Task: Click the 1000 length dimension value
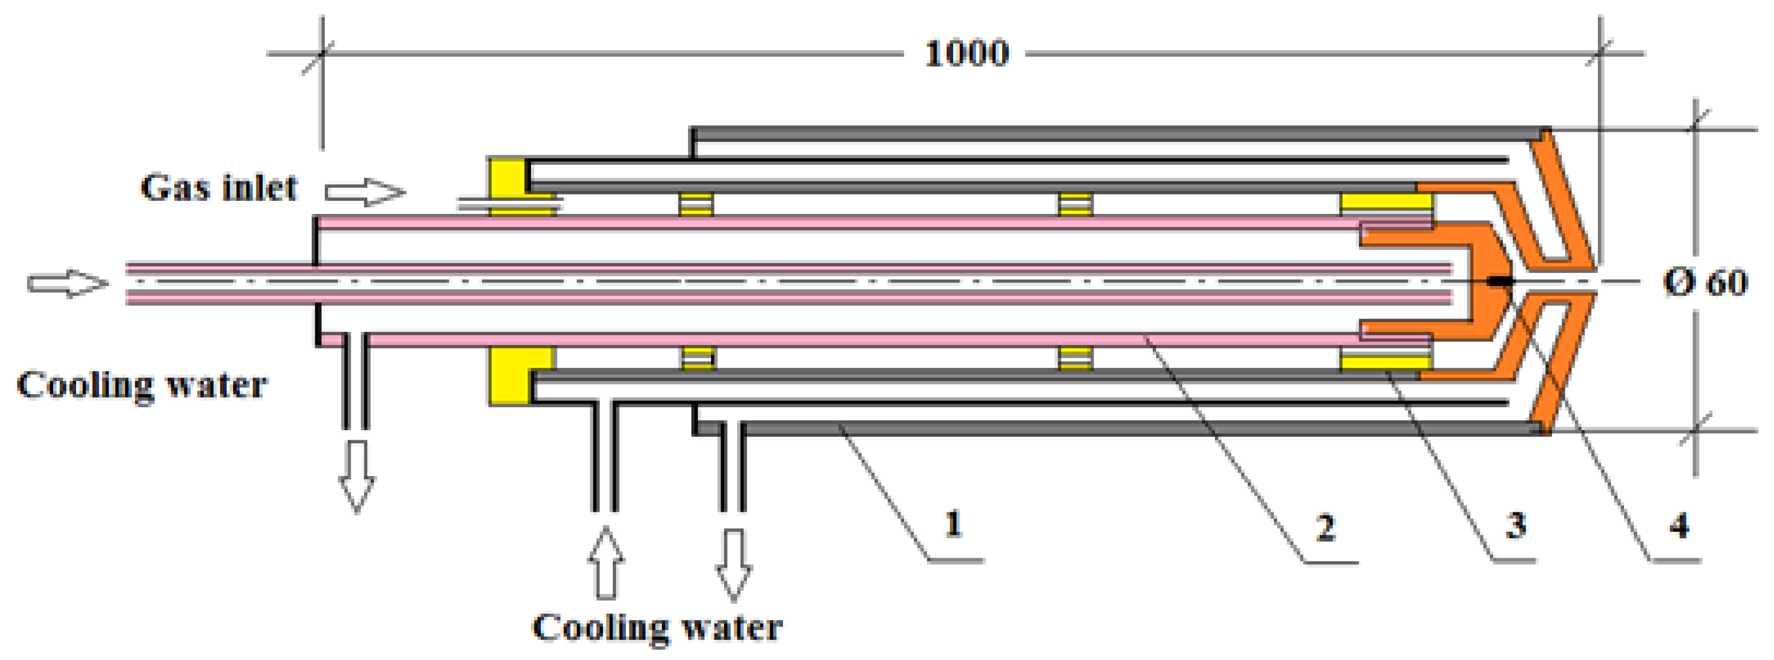point(966,53)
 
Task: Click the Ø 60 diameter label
point(1705,282)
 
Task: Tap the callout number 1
point(953,524)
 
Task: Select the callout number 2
point(1325,528)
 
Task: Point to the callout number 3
point(1515,526)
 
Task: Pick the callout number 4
point(1678,527)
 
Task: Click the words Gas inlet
point(219,187)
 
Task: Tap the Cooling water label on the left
point(141,385)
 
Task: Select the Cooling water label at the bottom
point(657,628)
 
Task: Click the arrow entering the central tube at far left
point(67,283)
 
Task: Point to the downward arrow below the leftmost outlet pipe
point(356,476)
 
